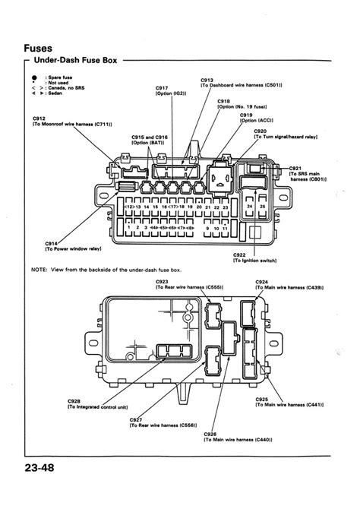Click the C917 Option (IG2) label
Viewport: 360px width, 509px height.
pos(170,90)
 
